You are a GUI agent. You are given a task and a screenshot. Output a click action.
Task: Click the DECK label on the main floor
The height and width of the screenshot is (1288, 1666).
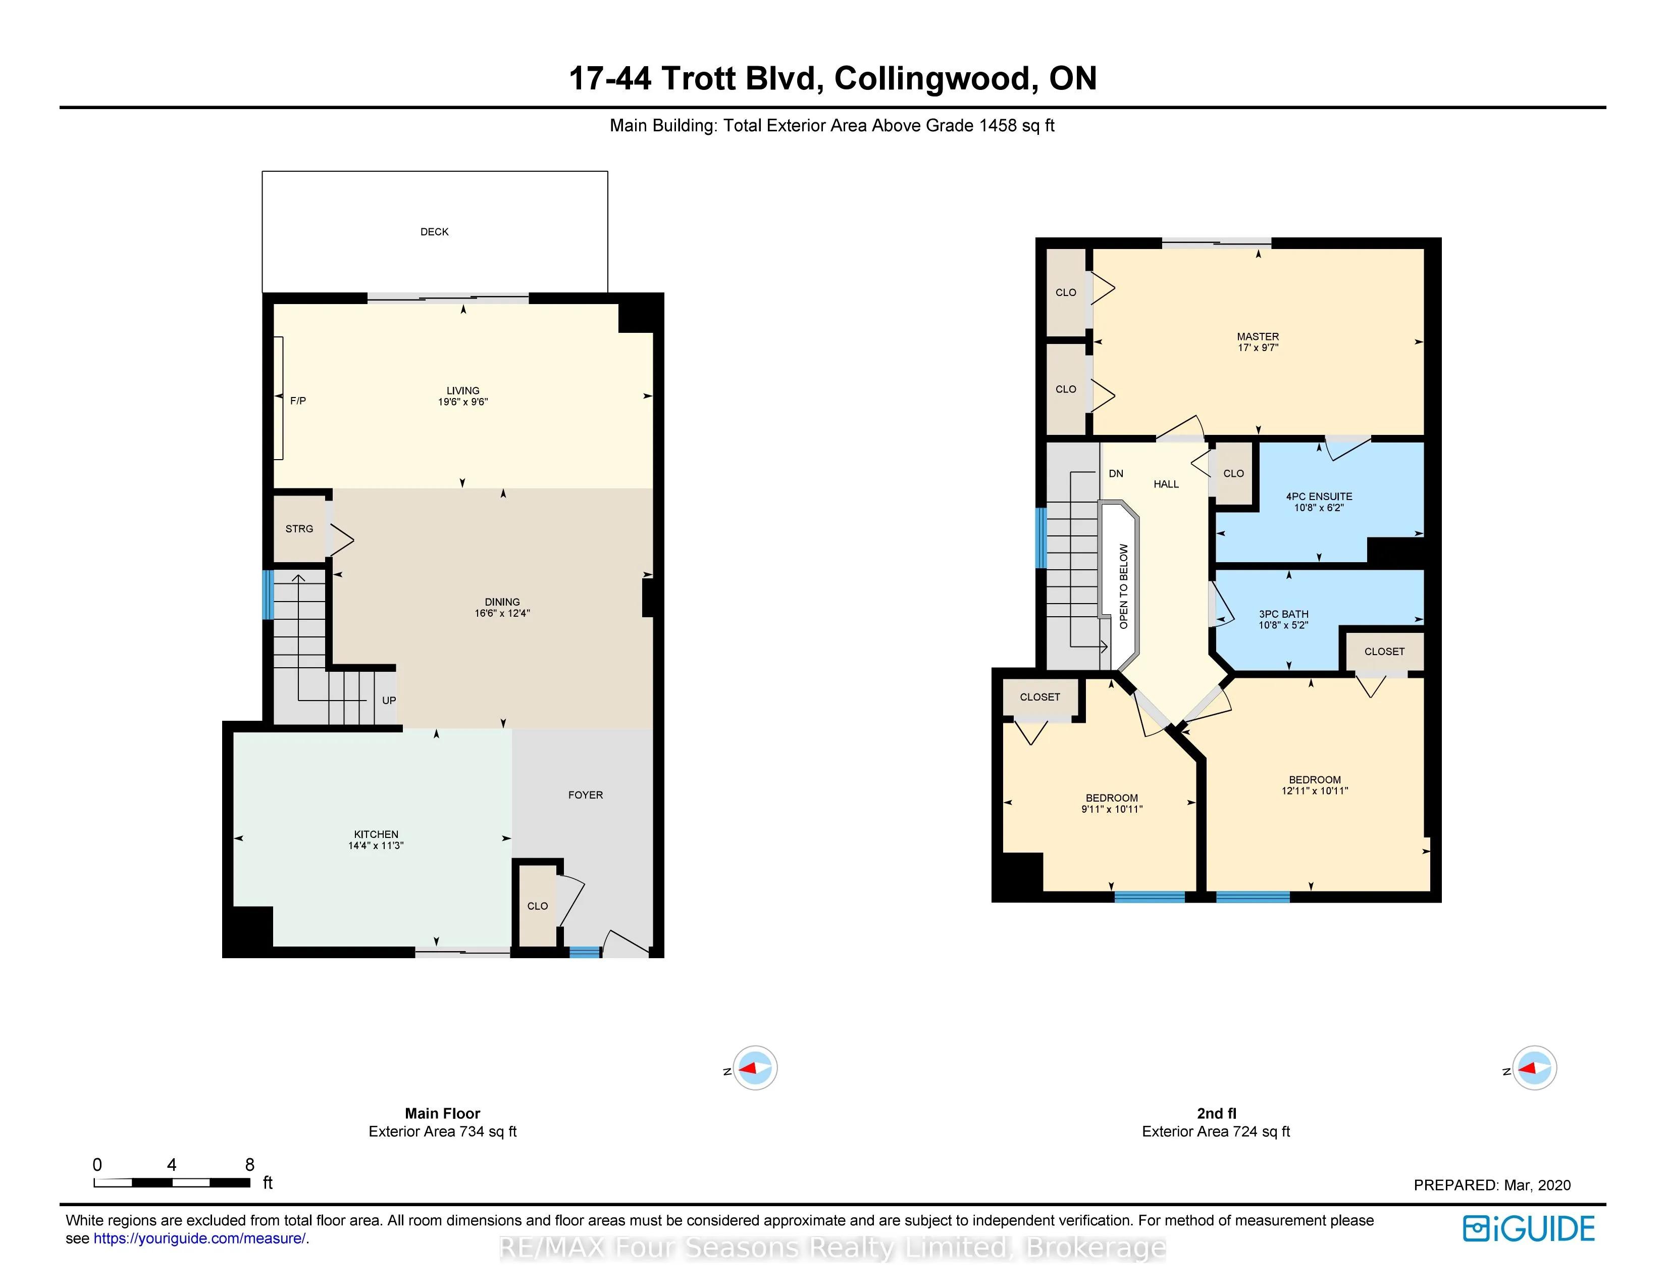(434, 232)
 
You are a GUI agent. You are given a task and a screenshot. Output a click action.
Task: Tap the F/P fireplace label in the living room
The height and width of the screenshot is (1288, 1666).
(298, 401)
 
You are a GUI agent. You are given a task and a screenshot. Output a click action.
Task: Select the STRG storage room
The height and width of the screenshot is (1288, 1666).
(300, 529)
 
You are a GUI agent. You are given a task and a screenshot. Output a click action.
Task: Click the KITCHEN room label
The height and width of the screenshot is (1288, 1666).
(376, 834)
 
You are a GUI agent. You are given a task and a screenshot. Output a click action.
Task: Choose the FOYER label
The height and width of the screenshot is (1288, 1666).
(585, 795)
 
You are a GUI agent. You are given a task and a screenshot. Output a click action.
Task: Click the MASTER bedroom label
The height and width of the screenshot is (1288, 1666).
(1258, 336)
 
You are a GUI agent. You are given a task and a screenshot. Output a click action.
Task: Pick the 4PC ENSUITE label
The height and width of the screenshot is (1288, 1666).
(1319, 496)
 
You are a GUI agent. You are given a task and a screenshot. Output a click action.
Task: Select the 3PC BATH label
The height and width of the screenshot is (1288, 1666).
(1284, 614)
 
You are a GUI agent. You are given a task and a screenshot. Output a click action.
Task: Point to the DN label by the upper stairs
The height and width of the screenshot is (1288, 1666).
(1116, 474)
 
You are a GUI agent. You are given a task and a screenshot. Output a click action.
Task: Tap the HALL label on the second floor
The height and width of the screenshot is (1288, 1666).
(1166, 484)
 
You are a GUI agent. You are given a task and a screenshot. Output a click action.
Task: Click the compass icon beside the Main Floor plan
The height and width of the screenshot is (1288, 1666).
(754, 1067)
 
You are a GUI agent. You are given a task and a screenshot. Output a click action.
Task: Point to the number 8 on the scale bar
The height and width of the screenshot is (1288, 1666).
(249, 1164)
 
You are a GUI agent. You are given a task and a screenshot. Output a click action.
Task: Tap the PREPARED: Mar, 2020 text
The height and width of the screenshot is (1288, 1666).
(1492, 1185)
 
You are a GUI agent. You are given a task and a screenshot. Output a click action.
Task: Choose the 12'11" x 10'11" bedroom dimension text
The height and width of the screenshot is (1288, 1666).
(1314, 790)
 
